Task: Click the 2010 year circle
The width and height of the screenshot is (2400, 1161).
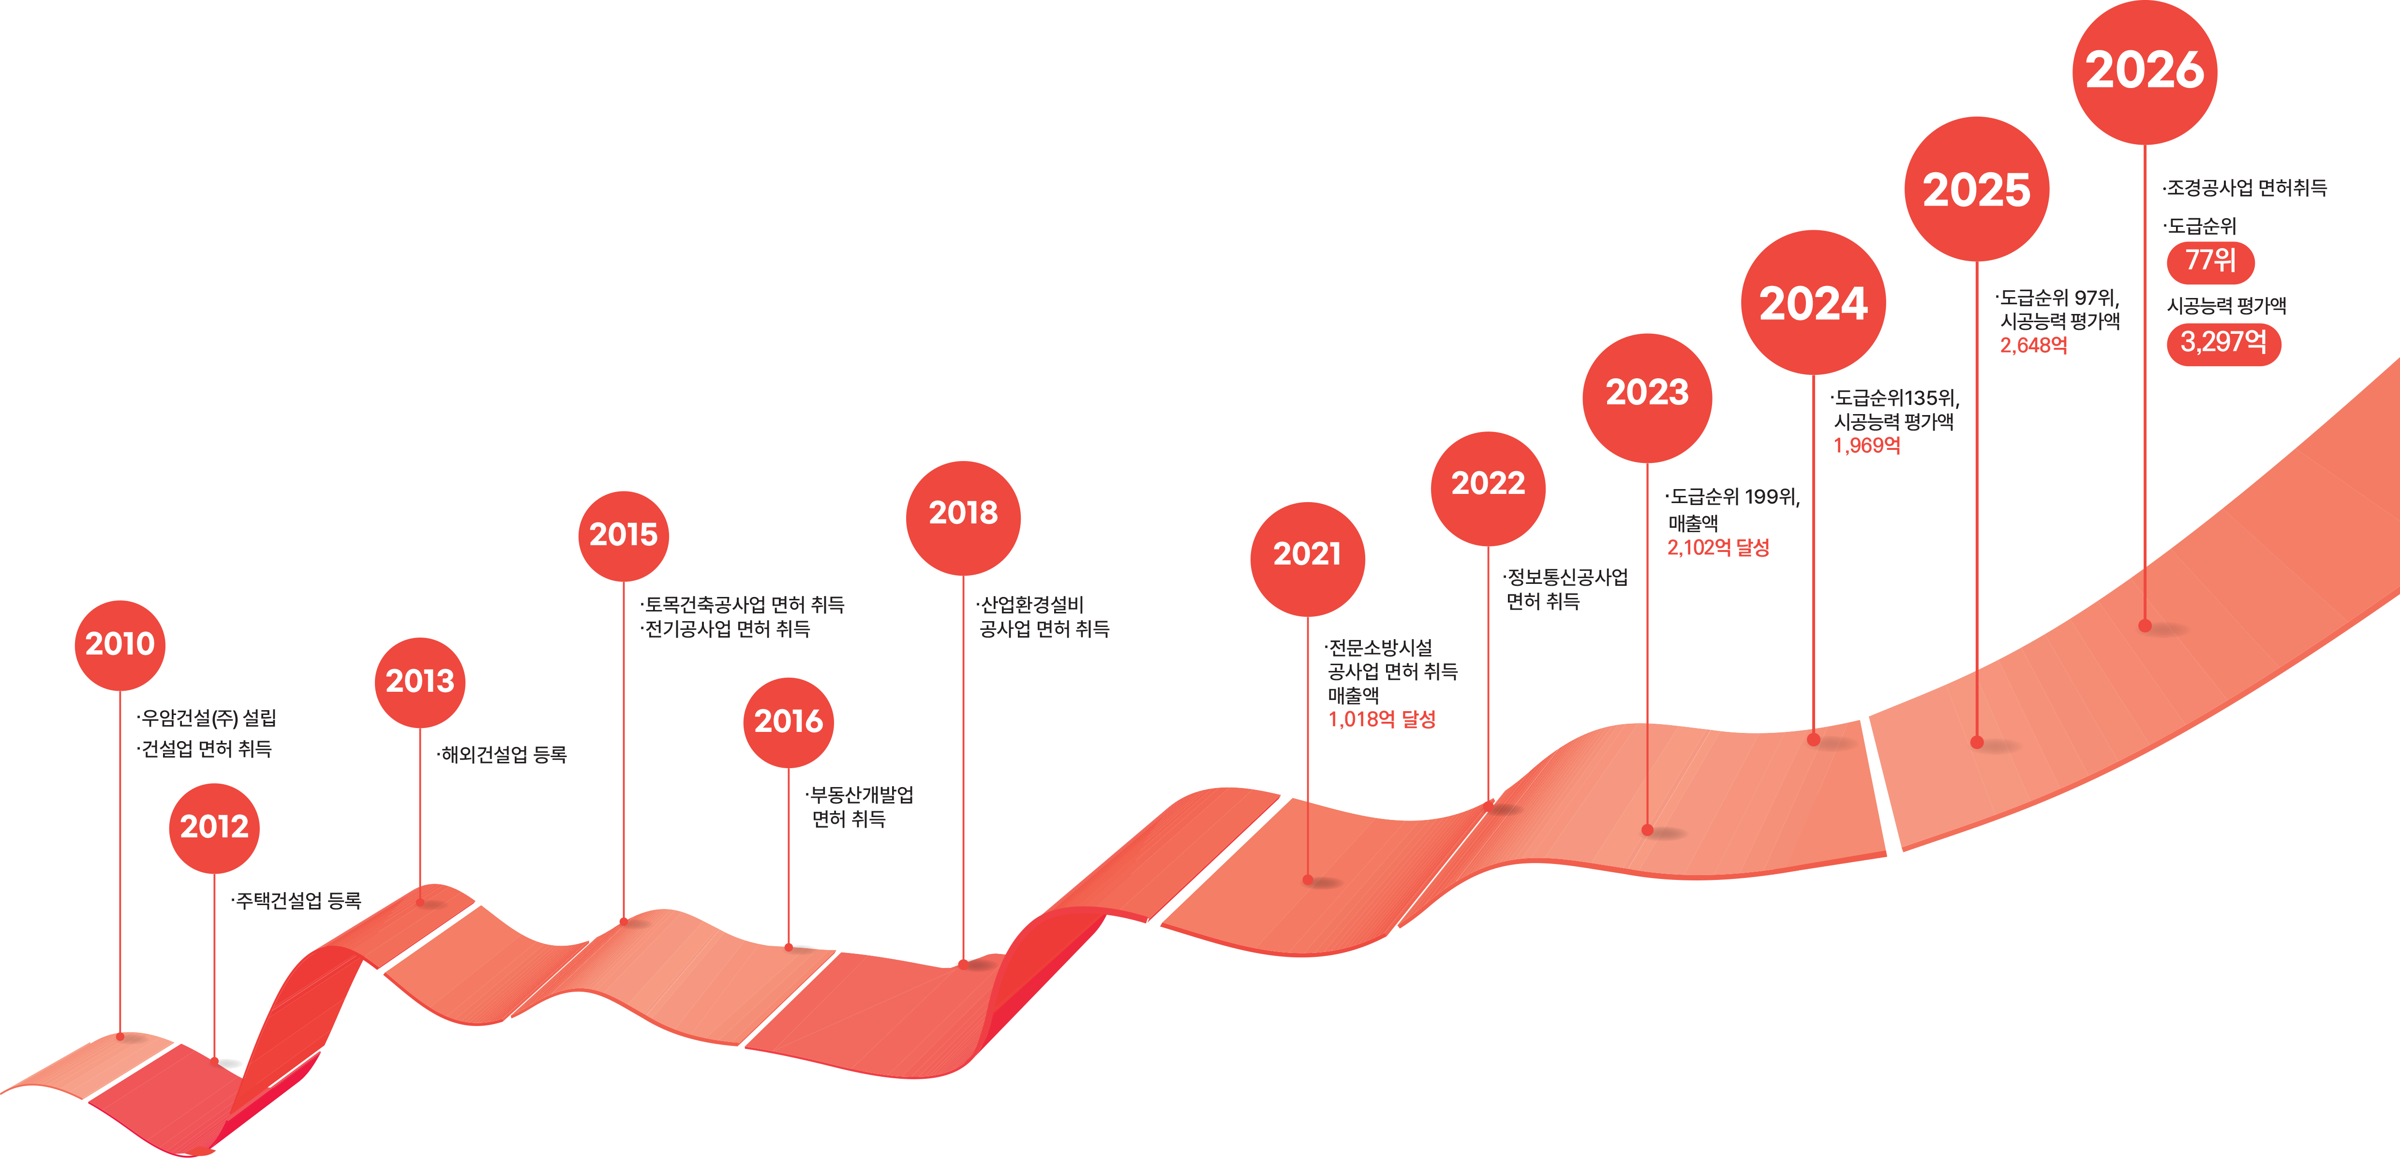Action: [x=120, y=645]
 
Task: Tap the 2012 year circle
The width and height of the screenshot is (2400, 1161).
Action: [x=214, y=827]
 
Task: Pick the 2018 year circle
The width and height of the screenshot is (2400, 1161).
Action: [x=963, y=518]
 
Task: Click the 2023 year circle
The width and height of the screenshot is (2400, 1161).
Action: [x=1647, y=398]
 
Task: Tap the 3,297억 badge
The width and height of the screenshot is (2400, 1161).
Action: [x=2224, y=343]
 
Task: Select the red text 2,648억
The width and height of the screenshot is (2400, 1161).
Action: [x=2034, y=346]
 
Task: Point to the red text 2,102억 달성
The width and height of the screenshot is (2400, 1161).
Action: [x=1718, y=548]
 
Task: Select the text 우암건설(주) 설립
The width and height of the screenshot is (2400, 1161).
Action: [x=207, y=718]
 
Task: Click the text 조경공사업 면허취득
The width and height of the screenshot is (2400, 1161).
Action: [x=2245, y=188]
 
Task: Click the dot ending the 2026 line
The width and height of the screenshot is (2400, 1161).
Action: [x=2145, y=626]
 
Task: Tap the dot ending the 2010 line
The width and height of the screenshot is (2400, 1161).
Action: [x=120, y=1036]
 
